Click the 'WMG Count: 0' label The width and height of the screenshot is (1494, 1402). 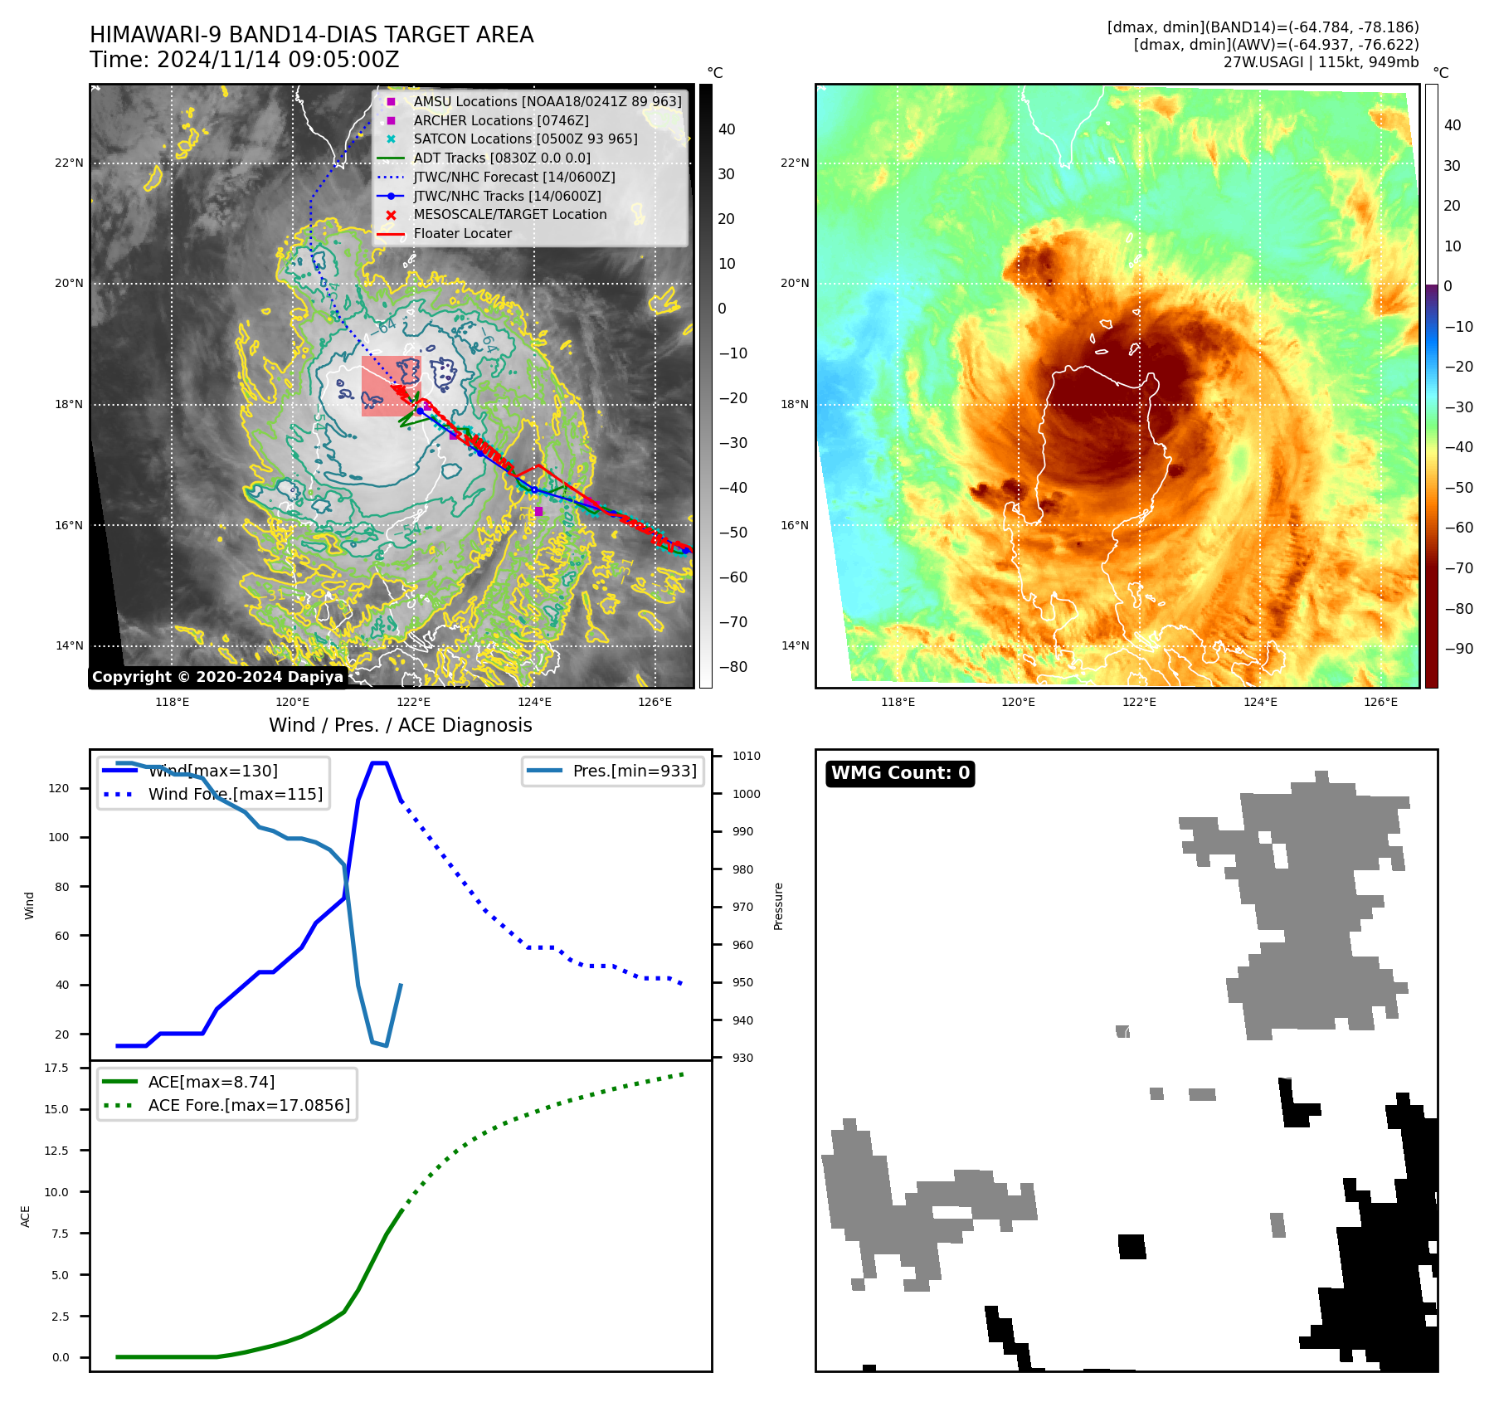coord(900,773)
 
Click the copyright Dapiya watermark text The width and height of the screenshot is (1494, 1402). coord(217,677)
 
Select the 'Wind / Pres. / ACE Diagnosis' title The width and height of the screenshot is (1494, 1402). coord(400,725)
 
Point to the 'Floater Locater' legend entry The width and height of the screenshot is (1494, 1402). coord(462,233)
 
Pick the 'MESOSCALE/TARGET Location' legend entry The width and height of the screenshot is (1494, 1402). coord(510,214)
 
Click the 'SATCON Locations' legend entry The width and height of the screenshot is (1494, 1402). coord(525,139)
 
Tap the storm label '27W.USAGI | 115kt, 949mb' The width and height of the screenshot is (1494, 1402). coord(1321,62)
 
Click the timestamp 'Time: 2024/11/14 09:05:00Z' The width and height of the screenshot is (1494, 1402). coord(245,60)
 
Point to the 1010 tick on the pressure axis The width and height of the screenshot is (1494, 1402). coord(747,756)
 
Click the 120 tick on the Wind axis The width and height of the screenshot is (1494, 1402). coord(59,788)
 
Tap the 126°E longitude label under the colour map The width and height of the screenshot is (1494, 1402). coord(1380,703)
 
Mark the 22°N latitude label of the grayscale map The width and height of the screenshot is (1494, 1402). coord(69,163)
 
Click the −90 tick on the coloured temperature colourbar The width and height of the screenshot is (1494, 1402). coord(1459,649)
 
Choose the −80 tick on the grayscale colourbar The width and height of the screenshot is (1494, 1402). coord(732,667)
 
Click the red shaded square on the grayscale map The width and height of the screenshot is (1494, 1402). coord(391,386)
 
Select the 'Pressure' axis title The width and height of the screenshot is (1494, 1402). coord(778,906)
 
